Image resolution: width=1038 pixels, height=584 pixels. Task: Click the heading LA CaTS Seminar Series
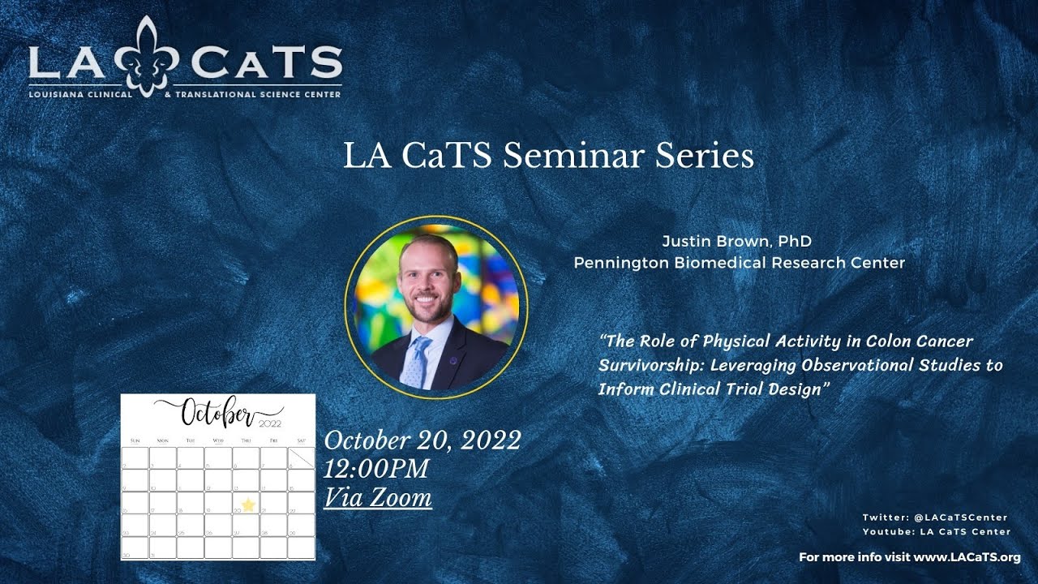(x=548, y=155)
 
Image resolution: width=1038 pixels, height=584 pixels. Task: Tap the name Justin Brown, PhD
(x=736, y=242)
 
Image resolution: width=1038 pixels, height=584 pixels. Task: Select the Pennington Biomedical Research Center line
(x=739, y=263)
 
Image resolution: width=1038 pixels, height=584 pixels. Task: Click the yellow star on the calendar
(x=248, y=505)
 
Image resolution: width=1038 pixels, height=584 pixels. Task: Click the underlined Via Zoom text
(x=378, y=496)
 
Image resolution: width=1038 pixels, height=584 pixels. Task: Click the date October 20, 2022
(x=422, y=440)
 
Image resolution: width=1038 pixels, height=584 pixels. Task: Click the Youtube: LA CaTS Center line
(x=937, y=532)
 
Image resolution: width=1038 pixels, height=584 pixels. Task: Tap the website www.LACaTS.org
(x=967, y=557)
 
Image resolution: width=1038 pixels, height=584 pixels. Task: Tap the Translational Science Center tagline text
(x=258, y=94)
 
